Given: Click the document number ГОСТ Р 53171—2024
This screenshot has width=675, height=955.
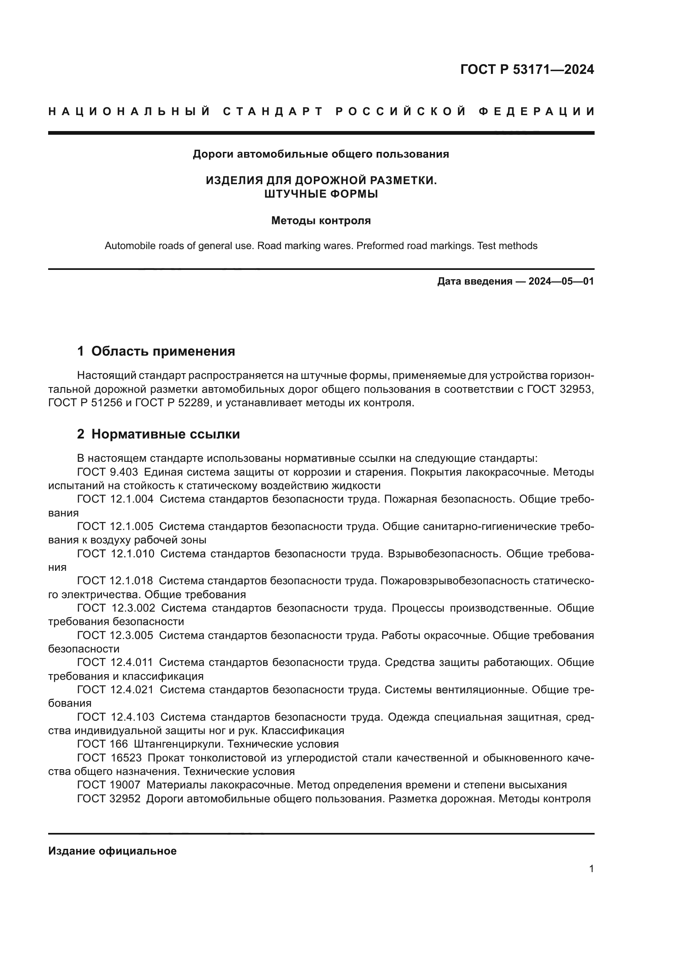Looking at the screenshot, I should [527, 69].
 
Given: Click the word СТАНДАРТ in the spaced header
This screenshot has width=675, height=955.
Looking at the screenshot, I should [273, 111].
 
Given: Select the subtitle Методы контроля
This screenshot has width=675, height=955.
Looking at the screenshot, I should [321, 220].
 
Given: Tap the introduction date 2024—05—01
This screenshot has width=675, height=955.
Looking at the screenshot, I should [561, 281].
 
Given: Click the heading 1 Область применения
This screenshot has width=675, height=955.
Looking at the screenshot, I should [156, 351].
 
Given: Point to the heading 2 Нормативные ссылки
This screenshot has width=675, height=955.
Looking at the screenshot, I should [158, 434].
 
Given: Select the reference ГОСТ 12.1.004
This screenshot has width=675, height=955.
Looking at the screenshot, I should [115, 499].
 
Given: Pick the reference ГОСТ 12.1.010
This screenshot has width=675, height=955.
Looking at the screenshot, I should [115, 554].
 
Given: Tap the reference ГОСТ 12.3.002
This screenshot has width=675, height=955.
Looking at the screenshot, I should [116, 608].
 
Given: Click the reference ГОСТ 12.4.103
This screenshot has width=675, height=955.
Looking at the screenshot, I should [115, 717].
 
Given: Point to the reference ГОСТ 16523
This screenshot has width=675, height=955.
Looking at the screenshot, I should [109, 758].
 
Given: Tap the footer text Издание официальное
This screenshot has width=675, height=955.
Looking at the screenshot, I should [112, 851].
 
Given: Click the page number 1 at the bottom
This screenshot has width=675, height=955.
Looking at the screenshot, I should [591, 868].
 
